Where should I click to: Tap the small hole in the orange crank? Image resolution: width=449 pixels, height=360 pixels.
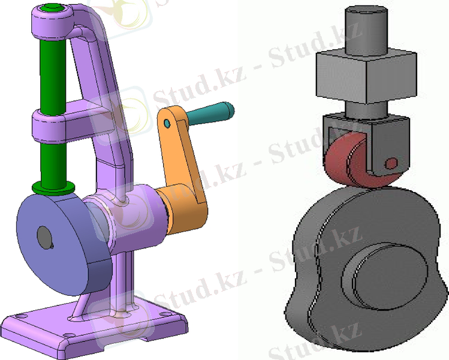coord(167,124)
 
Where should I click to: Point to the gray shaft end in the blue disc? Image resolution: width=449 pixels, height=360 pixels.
coord(44,238)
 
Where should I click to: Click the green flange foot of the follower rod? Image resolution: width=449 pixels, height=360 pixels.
coord(53,188)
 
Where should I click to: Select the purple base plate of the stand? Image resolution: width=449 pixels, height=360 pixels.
coord(95,327)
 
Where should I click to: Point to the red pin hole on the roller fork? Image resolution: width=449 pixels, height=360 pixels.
coord(391,164)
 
